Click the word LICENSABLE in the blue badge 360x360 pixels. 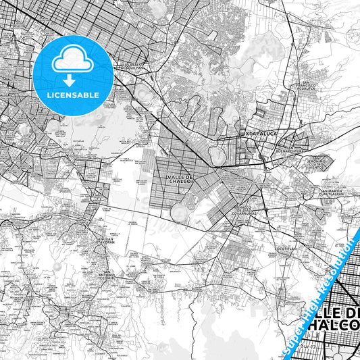(x=73, y=95)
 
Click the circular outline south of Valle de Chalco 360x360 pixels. (x=180, y=212)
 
